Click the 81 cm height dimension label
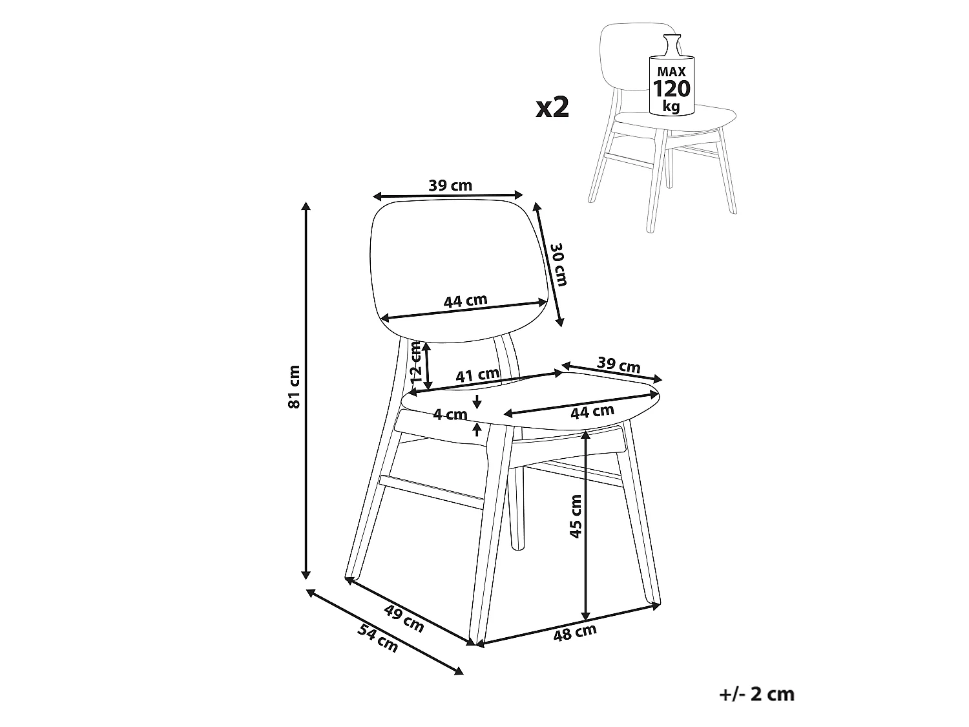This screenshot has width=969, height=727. pos(294,386)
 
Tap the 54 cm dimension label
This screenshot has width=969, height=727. pos(378,638)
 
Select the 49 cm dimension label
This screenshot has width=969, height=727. pos(404,618)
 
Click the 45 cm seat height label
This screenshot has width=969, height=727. pos(576,516)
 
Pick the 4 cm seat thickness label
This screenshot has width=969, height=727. pos(450,414)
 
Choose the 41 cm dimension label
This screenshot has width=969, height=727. pos(477,375)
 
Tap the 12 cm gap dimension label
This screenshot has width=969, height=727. pos(416,363)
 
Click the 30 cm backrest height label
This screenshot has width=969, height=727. pos(558,264)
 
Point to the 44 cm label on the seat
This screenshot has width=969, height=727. pos(592,412)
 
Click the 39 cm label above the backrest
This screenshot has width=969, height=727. pos(450,185)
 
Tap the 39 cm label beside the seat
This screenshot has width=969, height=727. pos(618,364)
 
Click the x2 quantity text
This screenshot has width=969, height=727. pos(552,108)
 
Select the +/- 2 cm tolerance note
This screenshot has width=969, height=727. pos(756,694)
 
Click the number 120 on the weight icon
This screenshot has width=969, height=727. pos(671,89)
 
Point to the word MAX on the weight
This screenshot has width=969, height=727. pos(671,72)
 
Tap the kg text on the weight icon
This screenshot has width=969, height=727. pos(671,107)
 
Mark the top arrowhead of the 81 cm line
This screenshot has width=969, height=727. pos(305,206)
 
